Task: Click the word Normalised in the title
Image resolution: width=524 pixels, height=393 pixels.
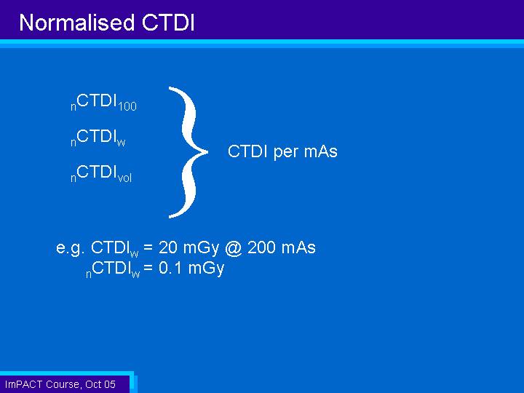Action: click(x=77, y=23)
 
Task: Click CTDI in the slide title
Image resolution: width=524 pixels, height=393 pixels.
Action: click(x=168, y=23)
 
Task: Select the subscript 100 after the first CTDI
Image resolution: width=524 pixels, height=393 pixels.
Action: click(x=127, y=106)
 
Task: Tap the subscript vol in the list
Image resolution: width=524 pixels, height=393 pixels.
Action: click(x=124, y=178)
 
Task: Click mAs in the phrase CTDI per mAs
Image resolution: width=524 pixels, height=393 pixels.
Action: click(x=321, y=151)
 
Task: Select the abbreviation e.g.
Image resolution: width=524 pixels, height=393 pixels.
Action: click(x=70, y=248)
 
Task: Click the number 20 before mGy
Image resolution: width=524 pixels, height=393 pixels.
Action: click(x=168, y=247)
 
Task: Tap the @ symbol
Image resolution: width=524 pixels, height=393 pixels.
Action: click(x=234, y=248)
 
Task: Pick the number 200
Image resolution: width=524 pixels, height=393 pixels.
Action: click(x=262, y=247)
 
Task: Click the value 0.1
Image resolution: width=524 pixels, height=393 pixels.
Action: click(x=170, y=268)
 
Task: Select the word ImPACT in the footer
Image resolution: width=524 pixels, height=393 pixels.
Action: click(x=23, y=384)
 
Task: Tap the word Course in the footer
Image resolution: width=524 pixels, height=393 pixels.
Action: click(x=63, y=385)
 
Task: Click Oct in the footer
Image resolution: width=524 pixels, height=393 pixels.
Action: click(x=93, y=384)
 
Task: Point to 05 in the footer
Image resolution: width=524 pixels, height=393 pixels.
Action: click(x=110, y=384)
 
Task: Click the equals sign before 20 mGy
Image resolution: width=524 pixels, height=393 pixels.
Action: click(x=148, y=247)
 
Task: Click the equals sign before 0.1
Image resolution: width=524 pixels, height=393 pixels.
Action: click(x=148, y=268)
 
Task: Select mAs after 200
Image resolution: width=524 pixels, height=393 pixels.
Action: click(x=298, y=247)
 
